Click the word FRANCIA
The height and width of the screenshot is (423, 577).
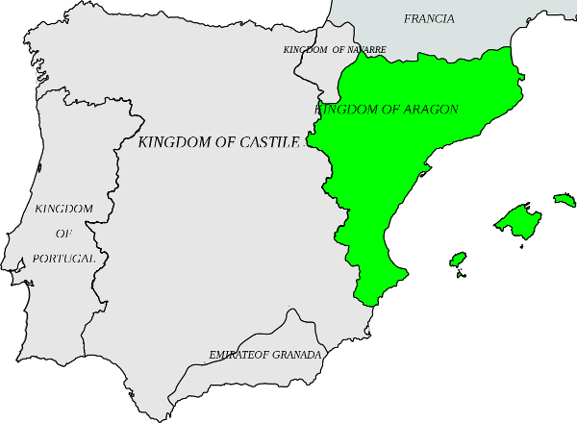pyautogui.click(x=429, y=19)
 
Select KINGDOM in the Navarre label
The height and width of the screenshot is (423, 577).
pyautogui.click(x=306, y=49)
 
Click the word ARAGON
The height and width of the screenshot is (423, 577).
pyautogui.click(x=427, y=110)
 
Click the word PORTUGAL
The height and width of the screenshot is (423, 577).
pyautogui.click(x=63, y=259)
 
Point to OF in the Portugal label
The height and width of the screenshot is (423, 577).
pyautogui.click(x=63, y=234)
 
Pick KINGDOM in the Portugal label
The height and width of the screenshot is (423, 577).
pyautogui.click(x=63, y=209)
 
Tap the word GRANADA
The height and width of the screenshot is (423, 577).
pyautogui.click(x=296, y=355)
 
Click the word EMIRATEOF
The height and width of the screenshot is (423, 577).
pyautogui.click(x=238, y=355)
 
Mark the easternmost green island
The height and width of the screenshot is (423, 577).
pyautogui.click(x=564, y=200)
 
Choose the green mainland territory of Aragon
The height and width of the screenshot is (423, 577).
pyautogui.click(x=404, y=163)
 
